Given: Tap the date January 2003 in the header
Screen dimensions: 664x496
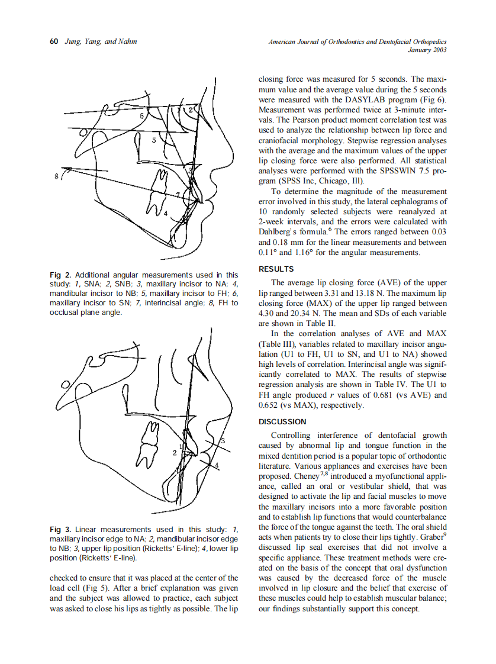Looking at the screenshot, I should [x=427, y=50].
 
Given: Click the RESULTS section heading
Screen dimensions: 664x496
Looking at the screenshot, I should [x=276, y=269].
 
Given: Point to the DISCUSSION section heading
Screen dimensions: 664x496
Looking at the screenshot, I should [x=283, y=422].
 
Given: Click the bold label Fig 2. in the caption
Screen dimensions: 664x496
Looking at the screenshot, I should [x=60, y=275].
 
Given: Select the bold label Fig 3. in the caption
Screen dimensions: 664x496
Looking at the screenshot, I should [x=60, y=529].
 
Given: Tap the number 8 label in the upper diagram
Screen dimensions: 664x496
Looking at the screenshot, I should [x=56, y=176].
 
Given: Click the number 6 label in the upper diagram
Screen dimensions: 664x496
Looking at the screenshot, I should [x=142, y=116].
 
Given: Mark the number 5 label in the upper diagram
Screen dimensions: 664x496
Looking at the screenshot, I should [x=154, y=140].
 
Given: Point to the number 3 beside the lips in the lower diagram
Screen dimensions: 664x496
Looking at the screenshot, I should [x=222, y=441].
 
